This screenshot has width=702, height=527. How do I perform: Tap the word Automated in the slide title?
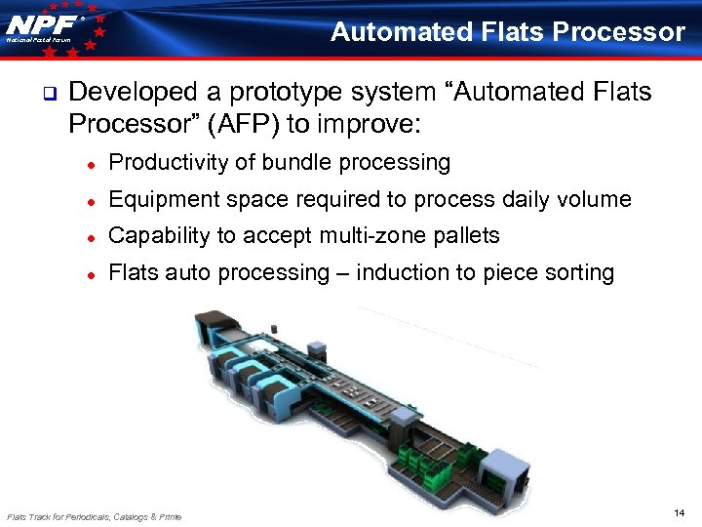point(403,32)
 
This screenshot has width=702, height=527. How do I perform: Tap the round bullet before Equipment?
point(88,201)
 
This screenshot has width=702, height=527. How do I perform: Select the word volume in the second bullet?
point(595,199)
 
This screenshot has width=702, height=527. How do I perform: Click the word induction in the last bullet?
point(397,272)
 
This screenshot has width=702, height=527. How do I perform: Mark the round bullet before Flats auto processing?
point(88,274)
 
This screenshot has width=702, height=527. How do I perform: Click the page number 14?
point(679,512)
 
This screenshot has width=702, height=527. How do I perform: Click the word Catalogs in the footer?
point(129,516)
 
